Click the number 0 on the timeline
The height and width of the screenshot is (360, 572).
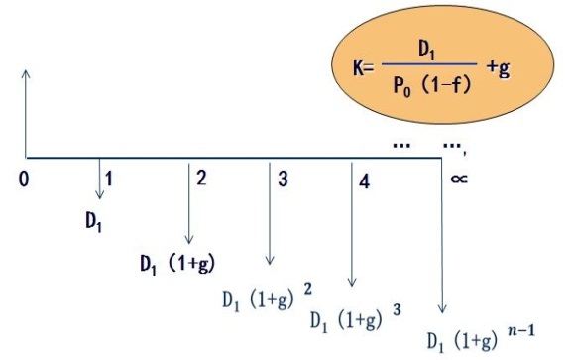24,180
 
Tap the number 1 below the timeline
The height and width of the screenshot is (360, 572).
109,179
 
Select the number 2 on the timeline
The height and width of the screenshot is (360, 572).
201,178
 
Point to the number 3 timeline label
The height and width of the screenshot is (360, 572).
283,179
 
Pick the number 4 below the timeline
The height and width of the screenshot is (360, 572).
364,181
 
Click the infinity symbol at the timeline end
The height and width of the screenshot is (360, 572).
459,179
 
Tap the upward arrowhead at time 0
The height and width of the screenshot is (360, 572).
26,73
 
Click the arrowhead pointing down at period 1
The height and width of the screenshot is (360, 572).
99,195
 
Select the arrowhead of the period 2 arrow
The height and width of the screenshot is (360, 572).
188,240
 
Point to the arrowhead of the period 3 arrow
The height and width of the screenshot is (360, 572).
270,260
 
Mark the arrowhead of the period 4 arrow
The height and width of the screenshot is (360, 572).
352,282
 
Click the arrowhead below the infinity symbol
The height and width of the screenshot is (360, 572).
442,308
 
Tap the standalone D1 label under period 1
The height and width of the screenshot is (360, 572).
93,222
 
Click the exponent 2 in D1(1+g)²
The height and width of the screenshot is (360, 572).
307,289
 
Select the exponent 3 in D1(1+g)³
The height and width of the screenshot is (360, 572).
397,310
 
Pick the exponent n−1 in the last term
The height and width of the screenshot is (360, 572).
521,331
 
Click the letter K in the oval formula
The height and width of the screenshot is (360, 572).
358,67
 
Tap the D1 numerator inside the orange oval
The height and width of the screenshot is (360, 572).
427,50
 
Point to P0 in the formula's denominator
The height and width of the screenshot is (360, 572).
402,87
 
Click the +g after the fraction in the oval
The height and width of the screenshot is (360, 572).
498,68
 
